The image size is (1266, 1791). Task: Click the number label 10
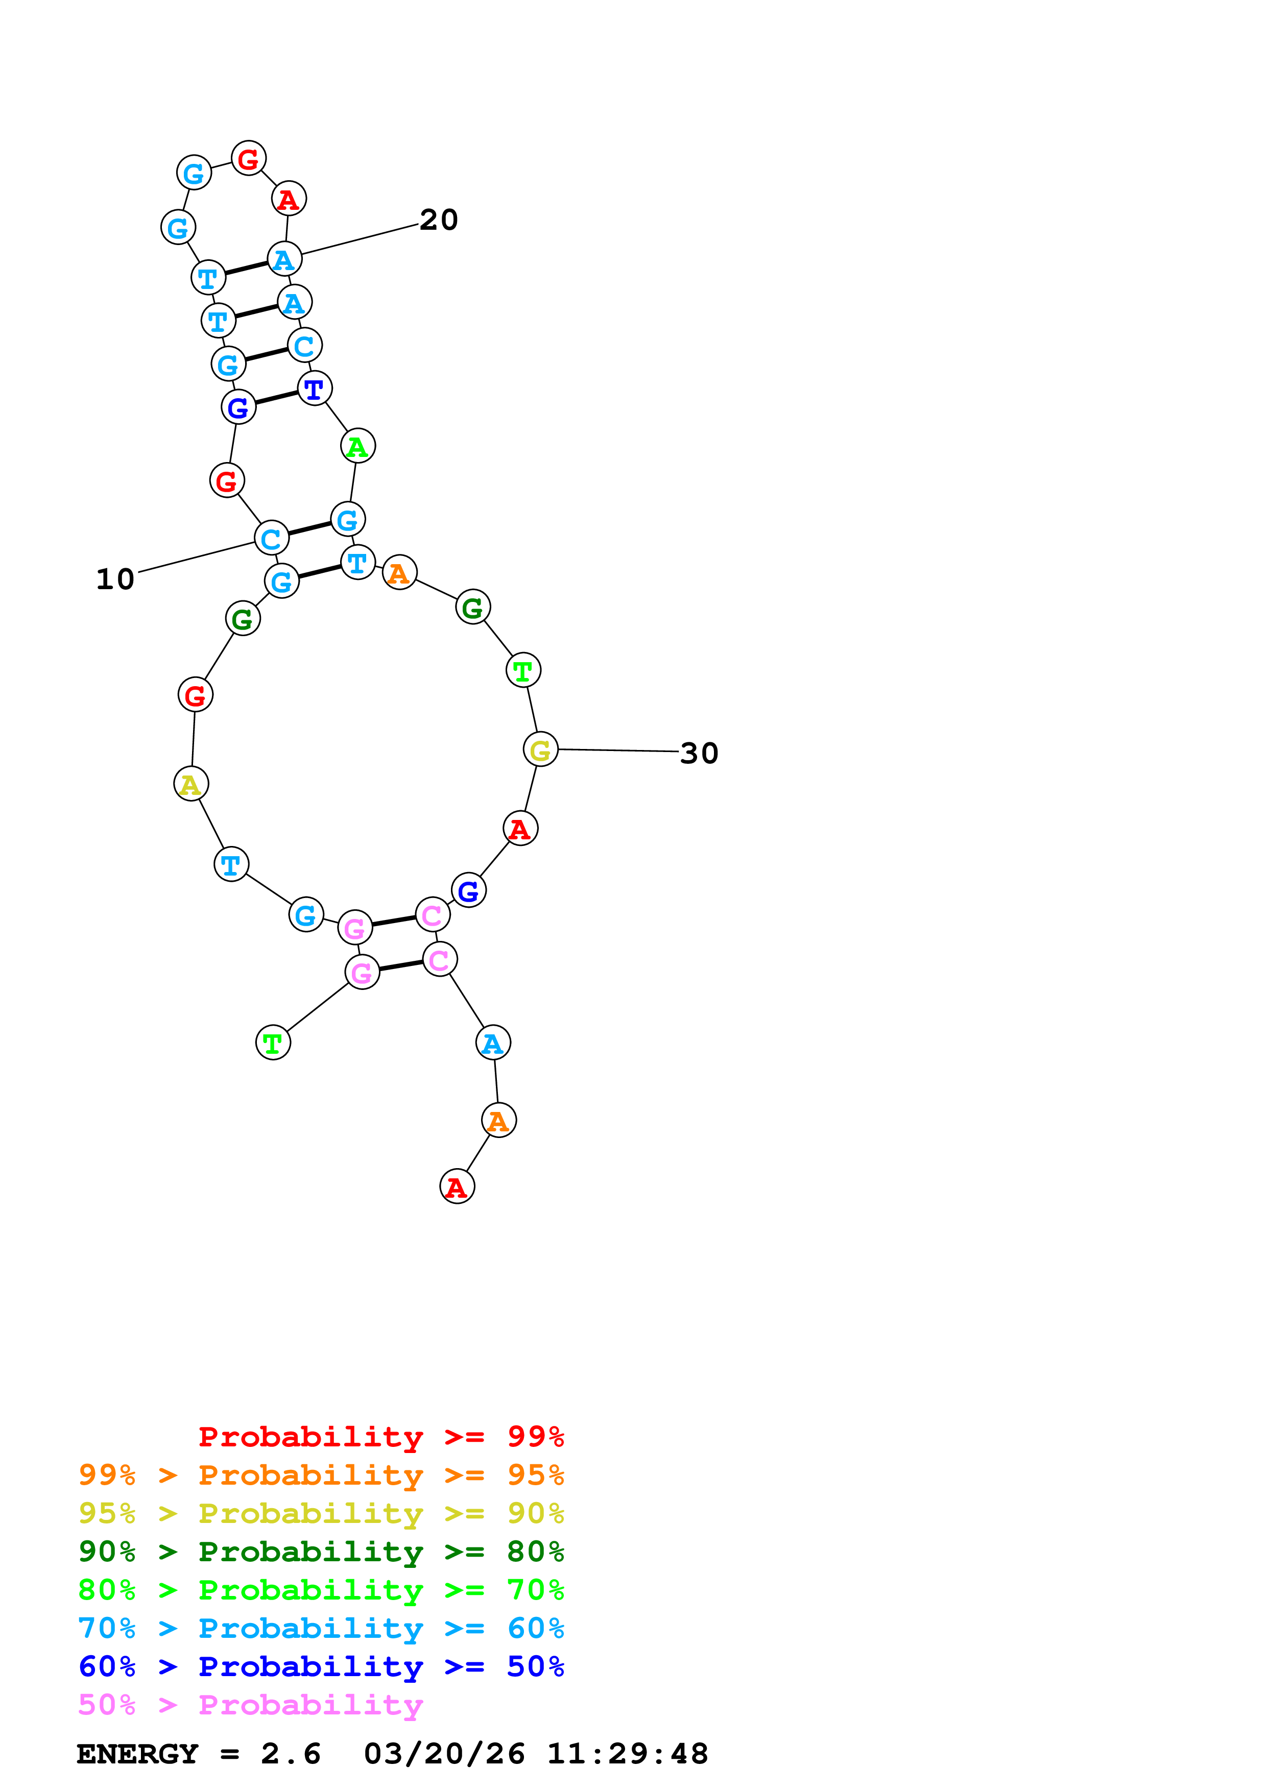[115, 579]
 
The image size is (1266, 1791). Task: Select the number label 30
[699, 754]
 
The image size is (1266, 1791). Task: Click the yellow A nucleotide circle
[191, 784]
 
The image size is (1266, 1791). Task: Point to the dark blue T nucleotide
[315, 389]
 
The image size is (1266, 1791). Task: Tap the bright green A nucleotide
[358, 446]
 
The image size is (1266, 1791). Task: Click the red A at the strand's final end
[457, 1187]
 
